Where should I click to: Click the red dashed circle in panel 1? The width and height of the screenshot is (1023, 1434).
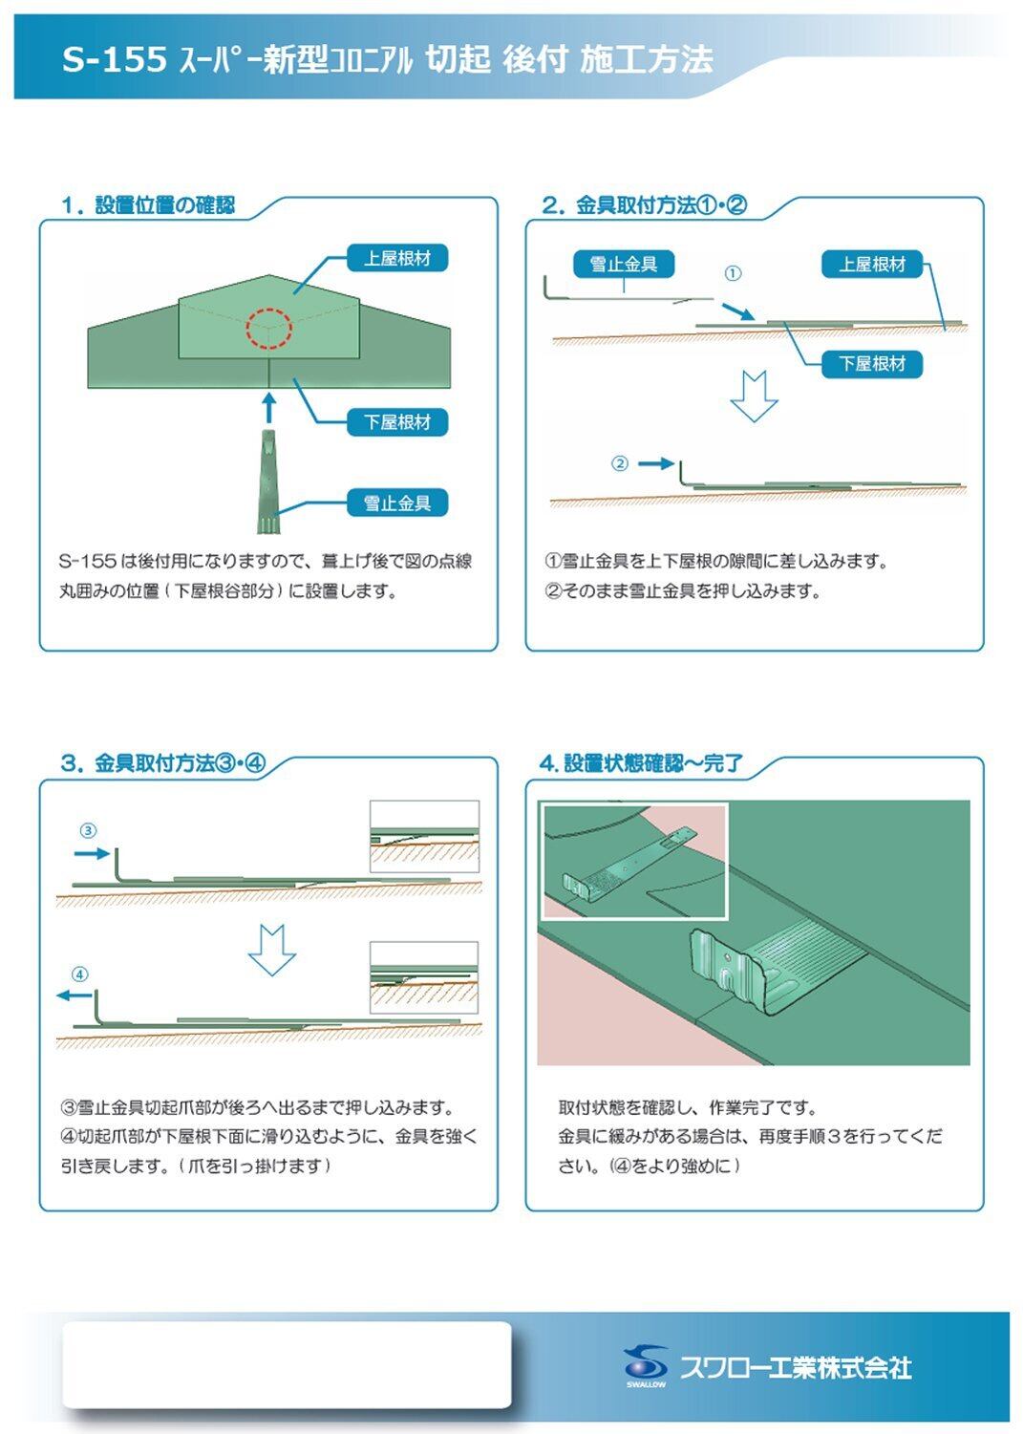[268, 328]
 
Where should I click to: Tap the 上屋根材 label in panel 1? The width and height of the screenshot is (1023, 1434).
[397, 258]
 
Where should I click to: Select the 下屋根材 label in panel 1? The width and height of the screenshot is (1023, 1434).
[397, 422]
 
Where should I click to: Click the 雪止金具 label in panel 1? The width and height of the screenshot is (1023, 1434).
[397, 503]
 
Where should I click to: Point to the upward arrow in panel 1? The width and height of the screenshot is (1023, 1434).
[269, 405]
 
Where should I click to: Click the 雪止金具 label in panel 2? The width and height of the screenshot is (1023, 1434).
[624, 264]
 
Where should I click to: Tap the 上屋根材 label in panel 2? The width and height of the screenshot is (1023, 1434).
[872, 265]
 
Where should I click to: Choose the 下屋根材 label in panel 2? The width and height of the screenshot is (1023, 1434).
[872, 364]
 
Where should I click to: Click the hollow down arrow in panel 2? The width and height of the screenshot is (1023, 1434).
[754, 396]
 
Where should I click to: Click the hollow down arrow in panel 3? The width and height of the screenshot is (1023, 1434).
[271, 950]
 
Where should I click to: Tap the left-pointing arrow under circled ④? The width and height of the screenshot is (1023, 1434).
[74, 995]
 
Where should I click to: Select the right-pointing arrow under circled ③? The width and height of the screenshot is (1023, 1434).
[93, 852]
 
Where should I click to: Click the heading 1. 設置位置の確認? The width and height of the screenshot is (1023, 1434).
[148, 205]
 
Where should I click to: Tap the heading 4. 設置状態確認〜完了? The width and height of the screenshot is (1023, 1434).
[641, 763]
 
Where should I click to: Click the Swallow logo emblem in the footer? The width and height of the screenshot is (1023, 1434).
[646, 1363]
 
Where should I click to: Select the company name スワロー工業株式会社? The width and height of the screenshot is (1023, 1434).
[796, 1367]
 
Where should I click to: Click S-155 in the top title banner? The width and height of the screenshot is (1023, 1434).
[115, 59]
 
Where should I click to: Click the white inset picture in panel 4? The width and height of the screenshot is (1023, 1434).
[634, 862]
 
